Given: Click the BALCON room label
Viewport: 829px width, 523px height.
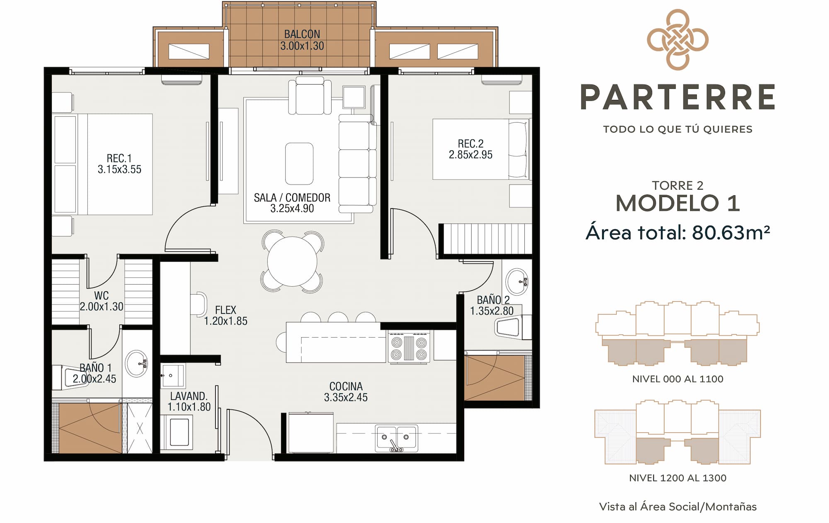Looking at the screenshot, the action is (x=302, y=34).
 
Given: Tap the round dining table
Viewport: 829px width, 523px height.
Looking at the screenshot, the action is (x=292, y=261).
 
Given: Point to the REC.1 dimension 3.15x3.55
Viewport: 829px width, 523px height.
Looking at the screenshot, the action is (x=119, y=169).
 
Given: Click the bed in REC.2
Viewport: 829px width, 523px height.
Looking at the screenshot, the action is (x=481, y=149).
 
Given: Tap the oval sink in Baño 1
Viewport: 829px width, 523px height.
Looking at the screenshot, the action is (x=137, y=364).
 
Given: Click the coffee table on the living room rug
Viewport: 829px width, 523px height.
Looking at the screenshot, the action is (x=299, y=163).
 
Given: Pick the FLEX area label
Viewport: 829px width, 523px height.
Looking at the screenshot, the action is (x=225, y=310).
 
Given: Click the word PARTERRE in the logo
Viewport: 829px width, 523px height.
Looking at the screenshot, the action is (x=678, y=97).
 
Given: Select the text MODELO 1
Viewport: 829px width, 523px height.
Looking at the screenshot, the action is (x=678, y=203).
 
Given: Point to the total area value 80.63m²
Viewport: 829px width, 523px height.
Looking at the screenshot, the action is (x=731, y=232).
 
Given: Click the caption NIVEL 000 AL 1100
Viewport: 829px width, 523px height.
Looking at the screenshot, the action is (x=678, y=379).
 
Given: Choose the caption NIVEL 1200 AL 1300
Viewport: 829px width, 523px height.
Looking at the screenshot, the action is (x=678, y=478).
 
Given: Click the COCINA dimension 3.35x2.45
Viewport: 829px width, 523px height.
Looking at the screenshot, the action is (x=346, y=397).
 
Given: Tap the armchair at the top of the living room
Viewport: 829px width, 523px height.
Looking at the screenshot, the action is (x=310, y=96).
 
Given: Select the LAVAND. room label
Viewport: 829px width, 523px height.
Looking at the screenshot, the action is (x=189, y=396).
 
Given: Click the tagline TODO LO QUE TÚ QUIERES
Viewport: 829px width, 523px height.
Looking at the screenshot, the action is (x=678, y=129).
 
